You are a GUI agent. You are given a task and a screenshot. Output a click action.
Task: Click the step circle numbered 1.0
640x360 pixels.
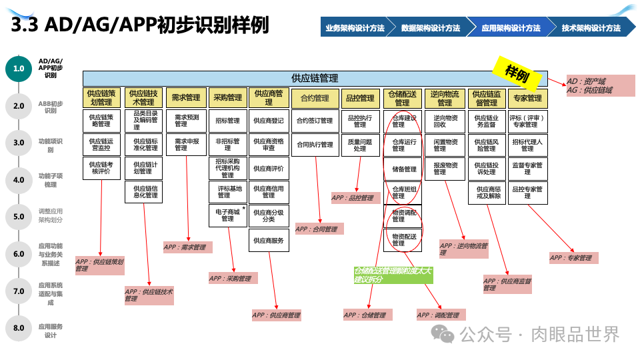(x=19, y=68)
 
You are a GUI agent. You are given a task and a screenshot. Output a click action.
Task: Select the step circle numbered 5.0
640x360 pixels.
(x=19, y=217)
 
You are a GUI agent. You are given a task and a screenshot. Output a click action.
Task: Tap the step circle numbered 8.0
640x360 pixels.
(x=19, y=328)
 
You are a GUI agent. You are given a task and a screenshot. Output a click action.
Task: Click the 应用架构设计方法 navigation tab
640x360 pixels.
(x=511, y=28)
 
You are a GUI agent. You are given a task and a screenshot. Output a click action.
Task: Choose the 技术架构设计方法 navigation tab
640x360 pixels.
(x=591, y=28)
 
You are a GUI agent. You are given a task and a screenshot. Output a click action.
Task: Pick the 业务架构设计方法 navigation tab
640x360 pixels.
(x=355, y=28)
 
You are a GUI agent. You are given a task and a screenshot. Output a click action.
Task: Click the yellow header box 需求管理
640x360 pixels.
(x=186, y=98)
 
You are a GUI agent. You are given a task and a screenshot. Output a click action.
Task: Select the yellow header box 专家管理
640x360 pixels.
(x=527, y=98)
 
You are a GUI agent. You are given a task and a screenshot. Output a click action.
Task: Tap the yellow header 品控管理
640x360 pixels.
(x=359, y=98)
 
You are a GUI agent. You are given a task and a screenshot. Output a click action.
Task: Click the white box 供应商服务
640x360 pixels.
(x=269, y=241)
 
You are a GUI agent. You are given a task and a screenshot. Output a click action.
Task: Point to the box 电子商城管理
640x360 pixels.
(x=227, y=215)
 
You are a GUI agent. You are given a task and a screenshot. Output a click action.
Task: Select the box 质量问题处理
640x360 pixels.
(x=359, y=145)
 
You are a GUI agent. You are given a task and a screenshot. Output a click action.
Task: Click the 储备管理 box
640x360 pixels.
(x=402, y=169)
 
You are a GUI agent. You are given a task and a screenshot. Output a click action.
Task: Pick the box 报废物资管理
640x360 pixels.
(x=445, y=169)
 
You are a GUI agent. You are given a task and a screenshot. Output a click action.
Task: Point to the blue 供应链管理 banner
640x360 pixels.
(x=315, y=78)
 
